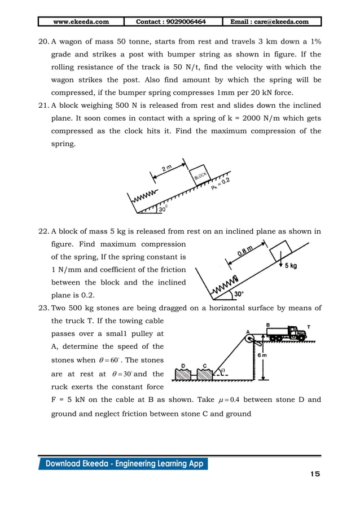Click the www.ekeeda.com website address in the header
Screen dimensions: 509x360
click(81, 22)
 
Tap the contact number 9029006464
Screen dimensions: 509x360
click(171, 22)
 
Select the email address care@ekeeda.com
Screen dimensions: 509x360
click(269, 22)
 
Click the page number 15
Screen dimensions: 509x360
click(314, 474)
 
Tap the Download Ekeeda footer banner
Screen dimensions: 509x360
click(123, 464)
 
